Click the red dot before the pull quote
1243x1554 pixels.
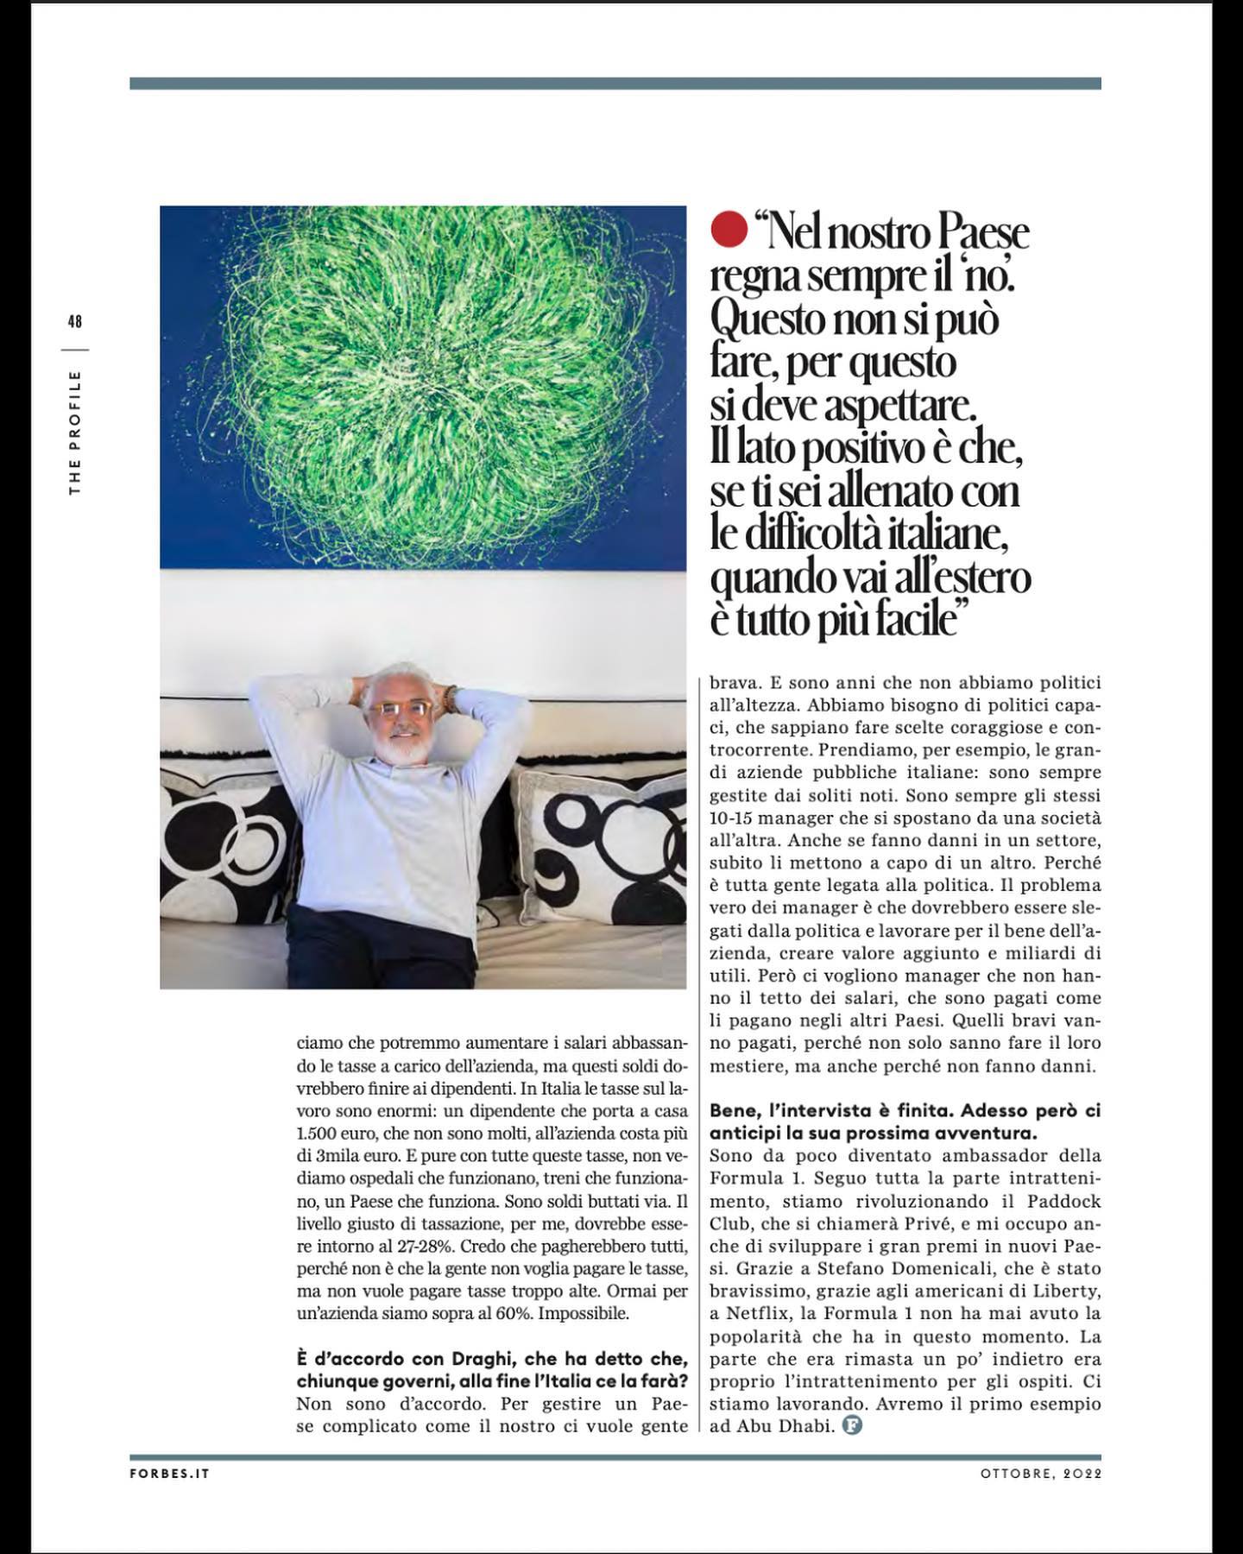tap(729, 231)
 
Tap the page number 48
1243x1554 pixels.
tap(74, 322)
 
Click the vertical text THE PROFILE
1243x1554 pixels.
tap(75, 433)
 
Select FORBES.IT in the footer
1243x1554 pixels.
tap(169, 1474)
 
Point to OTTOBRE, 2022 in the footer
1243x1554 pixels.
tap(1040, 1474)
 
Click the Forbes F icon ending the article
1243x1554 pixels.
tap(852, 1426)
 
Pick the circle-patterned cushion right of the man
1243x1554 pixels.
tap(596, 842)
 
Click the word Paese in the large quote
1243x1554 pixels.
tap(982, 233)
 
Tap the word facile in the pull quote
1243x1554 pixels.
tap(896, 620)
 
